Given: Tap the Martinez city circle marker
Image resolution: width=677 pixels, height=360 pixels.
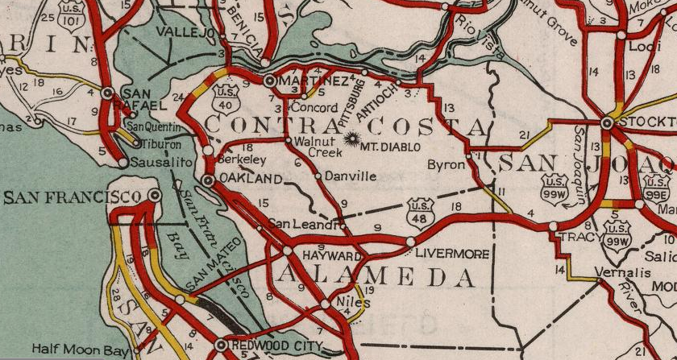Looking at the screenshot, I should click(270, 81).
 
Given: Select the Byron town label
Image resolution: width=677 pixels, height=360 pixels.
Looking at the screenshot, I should click(450, 163).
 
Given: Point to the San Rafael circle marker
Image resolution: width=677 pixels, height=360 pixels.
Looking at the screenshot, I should click(107, 93).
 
